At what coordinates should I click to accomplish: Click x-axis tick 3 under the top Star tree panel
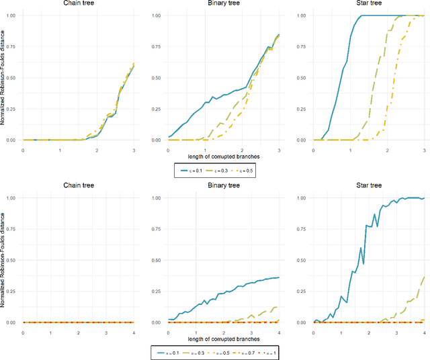(425, 148)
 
